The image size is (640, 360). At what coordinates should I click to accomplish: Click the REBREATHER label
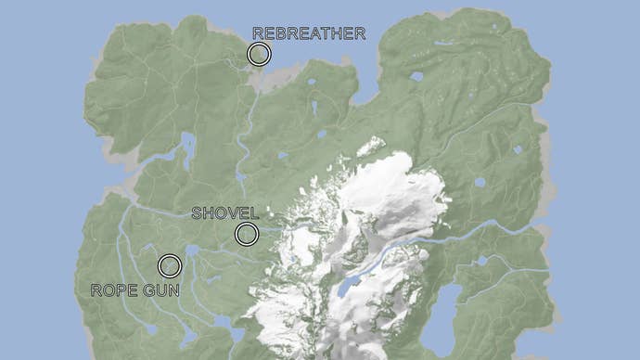309,33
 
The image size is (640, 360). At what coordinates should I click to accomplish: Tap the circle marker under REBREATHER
259,54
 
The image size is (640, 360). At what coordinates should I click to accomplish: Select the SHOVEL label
224,213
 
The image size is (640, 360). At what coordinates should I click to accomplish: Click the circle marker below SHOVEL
246,234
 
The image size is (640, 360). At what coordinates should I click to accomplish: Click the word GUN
161,290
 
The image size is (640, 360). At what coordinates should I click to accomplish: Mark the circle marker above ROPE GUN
169,266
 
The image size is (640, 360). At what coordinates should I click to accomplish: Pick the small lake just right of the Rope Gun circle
191,251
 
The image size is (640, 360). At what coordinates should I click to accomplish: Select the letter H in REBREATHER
335,33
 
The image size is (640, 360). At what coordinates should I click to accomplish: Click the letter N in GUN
173,290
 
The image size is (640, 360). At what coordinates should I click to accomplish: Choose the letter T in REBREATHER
323,33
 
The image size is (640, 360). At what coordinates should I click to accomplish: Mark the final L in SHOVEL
254,213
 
